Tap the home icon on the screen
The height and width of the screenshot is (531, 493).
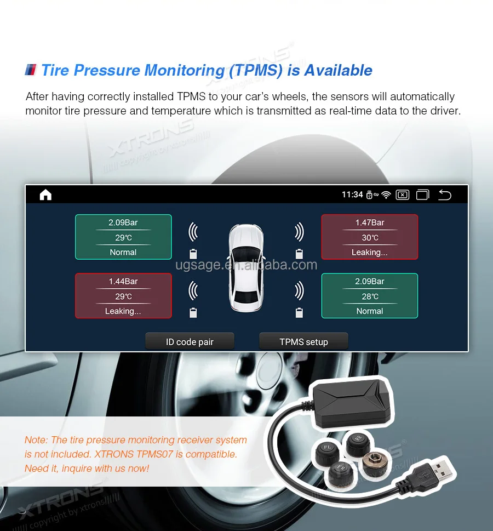coord(45,195)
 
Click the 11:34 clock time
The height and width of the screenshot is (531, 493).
coord(352,195)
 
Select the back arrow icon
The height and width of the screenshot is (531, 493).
coord(445,195)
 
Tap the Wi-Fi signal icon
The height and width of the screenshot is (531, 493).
coord(386,195)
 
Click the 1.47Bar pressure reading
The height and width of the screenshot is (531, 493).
coord(370,222)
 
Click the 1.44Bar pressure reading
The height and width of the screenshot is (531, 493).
coord(123,281)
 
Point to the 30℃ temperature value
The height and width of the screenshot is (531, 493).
coord(370,237)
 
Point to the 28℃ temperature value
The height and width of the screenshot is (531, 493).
coord(370,296)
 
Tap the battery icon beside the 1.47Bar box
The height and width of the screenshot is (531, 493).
coord(299,254)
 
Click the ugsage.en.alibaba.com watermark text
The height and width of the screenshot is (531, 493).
coord(246,265)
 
